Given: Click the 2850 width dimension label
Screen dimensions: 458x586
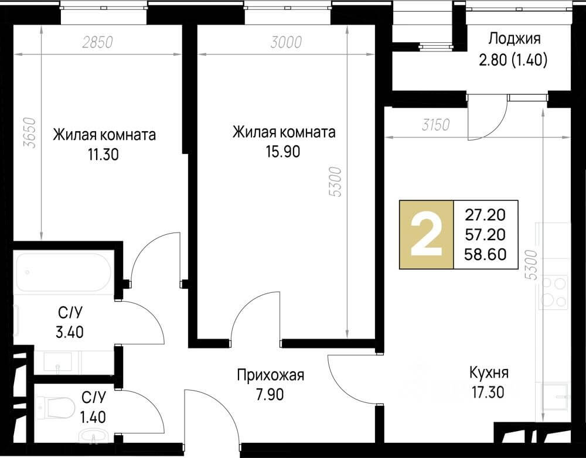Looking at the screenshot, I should [97, 42].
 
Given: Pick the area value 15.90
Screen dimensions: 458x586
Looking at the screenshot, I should [284, 151].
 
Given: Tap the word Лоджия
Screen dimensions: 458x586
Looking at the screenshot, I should [514, 40].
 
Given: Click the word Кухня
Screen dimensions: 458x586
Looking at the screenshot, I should [489, 372].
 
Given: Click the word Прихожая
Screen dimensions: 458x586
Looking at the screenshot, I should [270, 375].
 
